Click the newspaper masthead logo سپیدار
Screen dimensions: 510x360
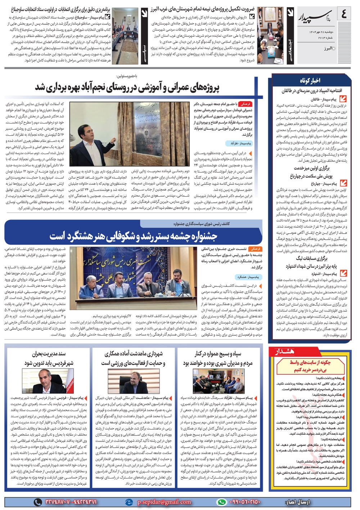tap(316, 15)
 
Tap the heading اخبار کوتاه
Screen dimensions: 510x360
tap(310, 80)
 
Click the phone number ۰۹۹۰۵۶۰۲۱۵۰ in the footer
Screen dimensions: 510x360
tap(244, 502)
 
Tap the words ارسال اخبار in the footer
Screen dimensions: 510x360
tap(297, 502)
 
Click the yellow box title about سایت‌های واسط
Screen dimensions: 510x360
tap(310, 366)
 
